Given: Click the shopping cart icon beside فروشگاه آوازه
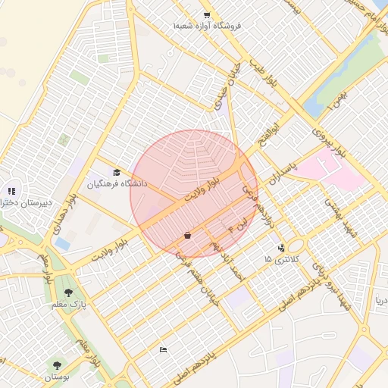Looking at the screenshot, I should pyautogui.click(x=206, y=15).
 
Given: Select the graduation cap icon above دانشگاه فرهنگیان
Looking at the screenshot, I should pyautogui.click(x=117, y=173).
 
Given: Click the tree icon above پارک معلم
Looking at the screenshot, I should pyautogui.click(x=69, y=293).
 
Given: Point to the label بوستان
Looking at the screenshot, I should pyautogui.click(x=56, y=376).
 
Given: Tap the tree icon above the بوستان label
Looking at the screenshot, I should pyautogui.click(x=56, y=365).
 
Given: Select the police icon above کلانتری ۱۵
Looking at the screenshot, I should pyautogui.click(x=281, y=247).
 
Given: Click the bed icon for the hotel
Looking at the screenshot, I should pyautogui.click(x=163, y=349).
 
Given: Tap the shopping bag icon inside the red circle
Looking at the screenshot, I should pyautogui.click(x=186, y=236).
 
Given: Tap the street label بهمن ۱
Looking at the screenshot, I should pyautogui.click(x=335, y=99).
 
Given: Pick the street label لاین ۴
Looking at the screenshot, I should pyautogui.click(x=236, y=225).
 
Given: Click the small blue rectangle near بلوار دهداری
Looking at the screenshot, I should pyautogui.click(x=62, y=244).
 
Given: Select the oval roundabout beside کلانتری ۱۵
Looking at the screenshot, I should pyautogui.click(x=296, y=246).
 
